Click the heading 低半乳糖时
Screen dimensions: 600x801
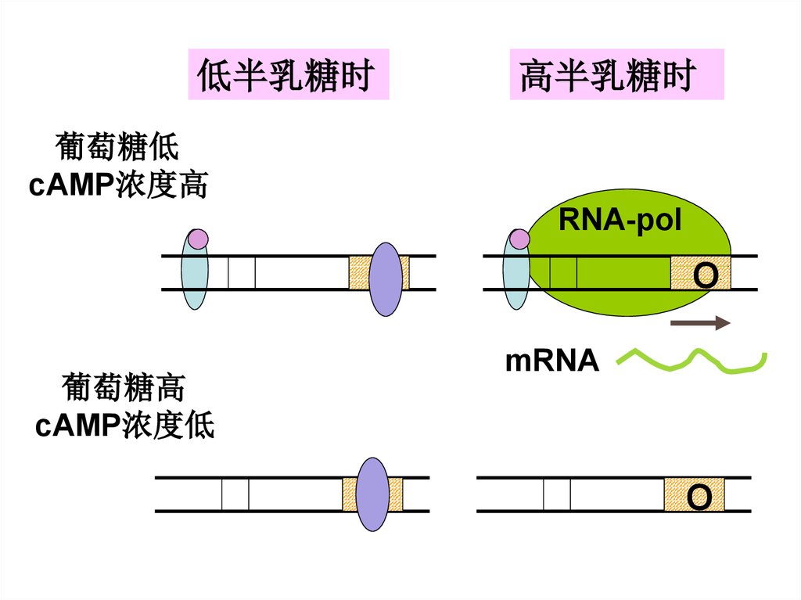click(x=288, y=75)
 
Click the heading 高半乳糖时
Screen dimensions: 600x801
click(x=616, y=75)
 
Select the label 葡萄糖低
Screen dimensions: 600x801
click(x=117, y=147)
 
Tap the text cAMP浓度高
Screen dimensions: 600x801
click(x=118, y=185)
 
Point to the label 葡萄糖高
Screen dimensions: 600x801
click(x=123, y=387)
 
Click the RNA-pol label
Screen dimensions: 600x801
click(x=620, y=221)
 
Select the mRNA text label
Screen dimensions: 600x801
click(x=552, y=361)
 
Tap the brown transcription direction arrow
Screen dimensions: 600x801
click(x=700, y=323)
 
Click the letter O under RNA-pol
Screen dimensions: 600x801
click(x=705, y=275)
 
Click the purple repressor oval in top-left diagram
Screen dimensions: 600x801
click(x=386, y=278)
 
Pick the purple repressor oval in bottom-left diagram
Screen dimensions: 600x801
click(x=372, y=494)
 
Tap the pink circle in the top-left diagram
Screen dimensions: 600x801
click(x=198, y=239)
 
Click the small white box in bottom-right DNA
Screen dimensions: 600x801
click(x=557, y=494)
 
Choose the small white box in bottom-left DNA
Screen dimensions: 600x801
click(x=235, y=494)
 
